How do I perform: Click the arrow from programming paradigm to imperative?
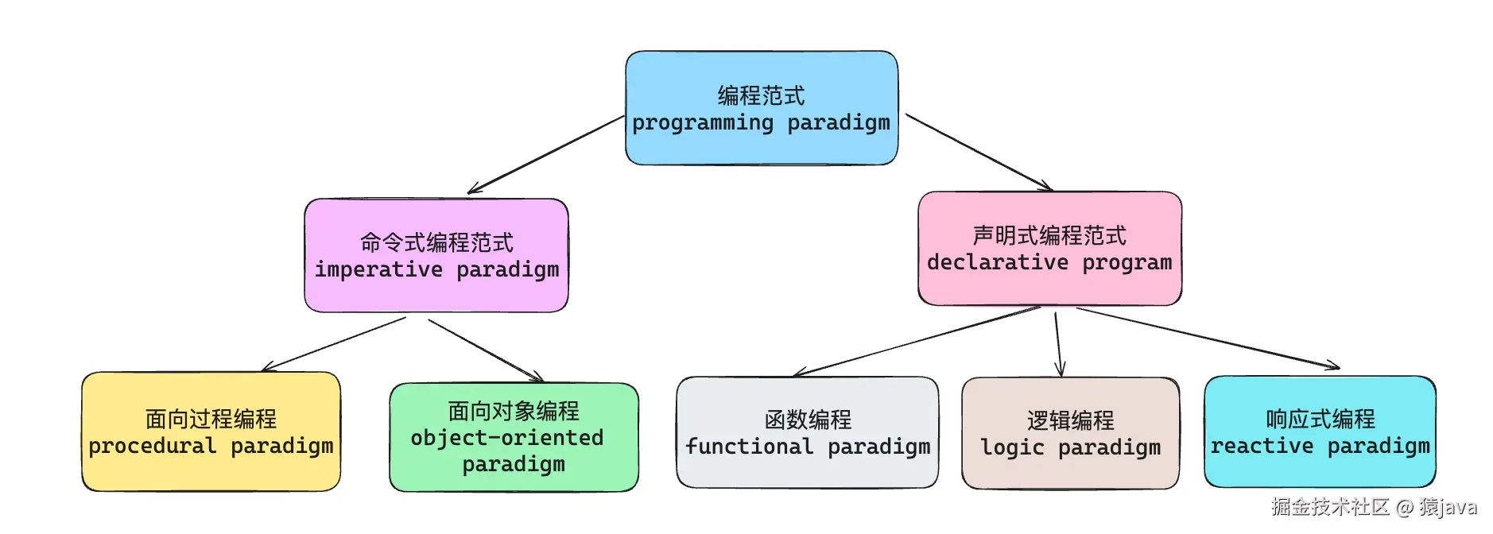[x=545, y=154]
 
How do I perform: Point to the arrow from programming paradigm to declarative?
[x=979, y=153]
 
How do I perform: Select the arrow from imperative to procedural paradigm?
[x=334, y=344]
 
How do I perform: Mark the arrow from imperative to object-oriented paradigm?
[x=485, y=350]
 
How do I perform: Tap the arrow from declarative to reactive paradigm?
[x=1208, y=339]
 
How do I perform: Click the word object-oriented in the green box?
[x=506, y=438]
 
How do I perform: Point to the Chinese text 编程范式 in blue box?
[x=761, y=95]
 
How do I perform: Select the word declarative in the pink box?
[x=997, y=262]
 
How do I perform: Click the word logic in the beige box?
[x=1011, y=447]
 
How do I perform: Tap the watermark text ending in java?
[x=1374, y=507]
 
